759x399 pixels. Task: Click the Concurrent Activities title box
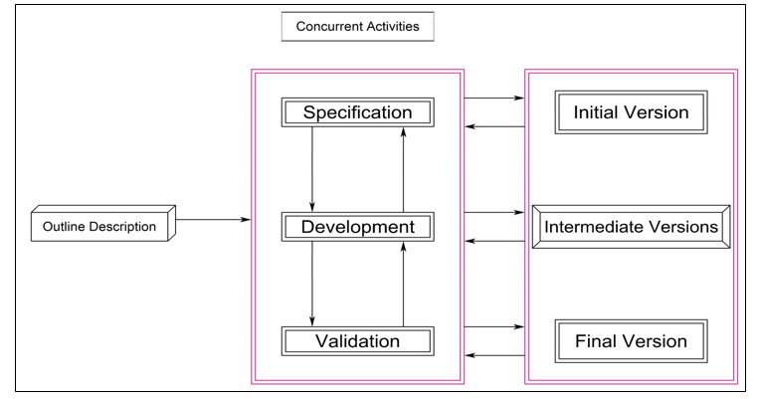[x=358, y=27]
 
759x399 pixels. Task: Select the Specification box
[x=357, y=111]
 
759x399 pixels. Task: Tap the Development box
[x=357, y=227]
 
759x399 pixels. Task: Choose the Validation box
[x=357, y=341]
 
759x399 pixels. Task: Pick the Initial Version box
[x=631, y=112]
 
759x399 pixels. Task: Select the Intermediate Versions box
[x=631, y=227]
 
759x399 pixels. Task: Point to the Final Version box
[x=631, y=341]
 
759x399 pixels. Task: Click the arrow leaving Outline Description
[x=213, y=219]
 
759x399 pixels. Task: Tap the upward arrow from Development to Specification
[x=403, y=169]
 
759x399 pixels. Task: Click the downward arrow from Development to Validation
[x=312, y=284]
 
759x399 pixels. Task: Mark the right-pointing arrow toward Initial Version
[x=494, y=99]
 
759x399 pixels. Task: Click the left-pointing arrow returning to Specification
[x=494, y=126]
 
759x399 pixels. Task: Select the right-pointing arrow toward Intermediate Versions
[x=494, y=212]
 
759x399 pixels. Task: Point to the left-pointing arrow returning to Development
[x=494, y=241]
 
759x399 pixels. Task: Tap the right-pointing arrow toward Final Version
[x=494, y=326]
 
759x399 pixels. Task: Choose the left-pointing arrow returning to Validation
[x=494, y=355]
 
